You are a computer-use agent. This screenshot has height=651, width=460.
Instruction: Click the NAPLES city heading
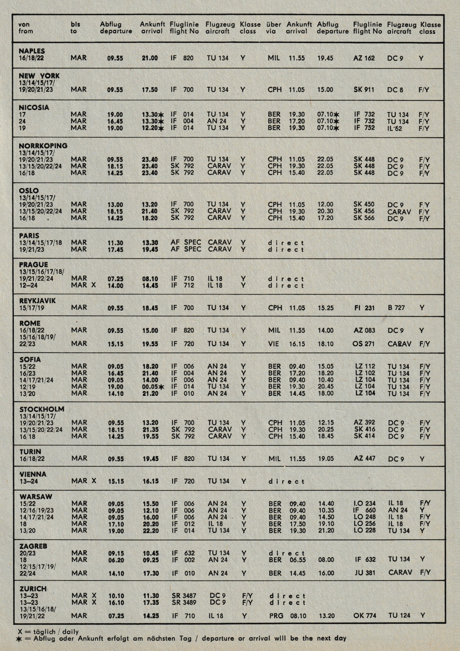32,51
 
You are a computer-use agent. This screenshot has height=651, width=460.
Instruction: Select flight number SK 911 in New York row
364,90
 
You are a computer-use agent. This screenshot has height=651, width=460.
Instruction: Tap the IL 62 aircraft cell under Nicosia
394,128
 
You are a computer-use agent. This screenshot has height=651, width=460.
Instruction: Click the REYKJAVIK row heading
37,301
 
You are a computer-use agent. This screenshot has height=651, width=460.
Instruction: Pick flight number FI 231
364,308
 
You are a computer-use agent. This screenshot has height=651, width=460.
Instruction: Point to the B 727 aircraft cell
396,308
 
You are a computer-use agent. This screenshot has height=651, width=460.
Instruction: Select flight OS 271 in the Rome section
363,344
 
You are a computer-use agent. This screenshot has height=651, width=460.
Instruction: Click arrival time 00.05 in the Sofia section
150,387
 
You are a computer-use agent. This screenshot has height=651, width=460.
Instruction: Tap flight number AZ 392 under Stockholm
364,423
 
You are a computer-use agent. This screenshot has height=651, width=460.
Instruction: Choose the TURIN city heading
30,452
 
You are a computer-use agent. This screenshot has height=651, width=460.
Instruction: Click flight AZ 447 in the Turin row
365,459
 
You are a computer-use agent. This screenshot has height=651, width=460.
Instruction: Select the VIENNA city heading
33,474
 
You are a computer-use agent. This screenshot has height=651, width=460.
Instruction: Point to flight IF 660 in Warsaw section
365,510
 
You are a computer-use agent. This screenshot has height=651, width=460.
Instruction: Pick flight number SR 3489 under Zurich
184,602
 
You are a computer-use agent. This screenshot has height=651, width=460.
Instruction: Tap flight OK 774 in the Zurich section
365,616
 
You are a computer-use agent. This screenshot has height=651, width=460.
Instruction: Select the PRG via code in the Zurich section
276,616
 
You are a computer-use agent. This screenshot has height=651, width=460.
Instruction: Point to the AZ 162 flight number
364,58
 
